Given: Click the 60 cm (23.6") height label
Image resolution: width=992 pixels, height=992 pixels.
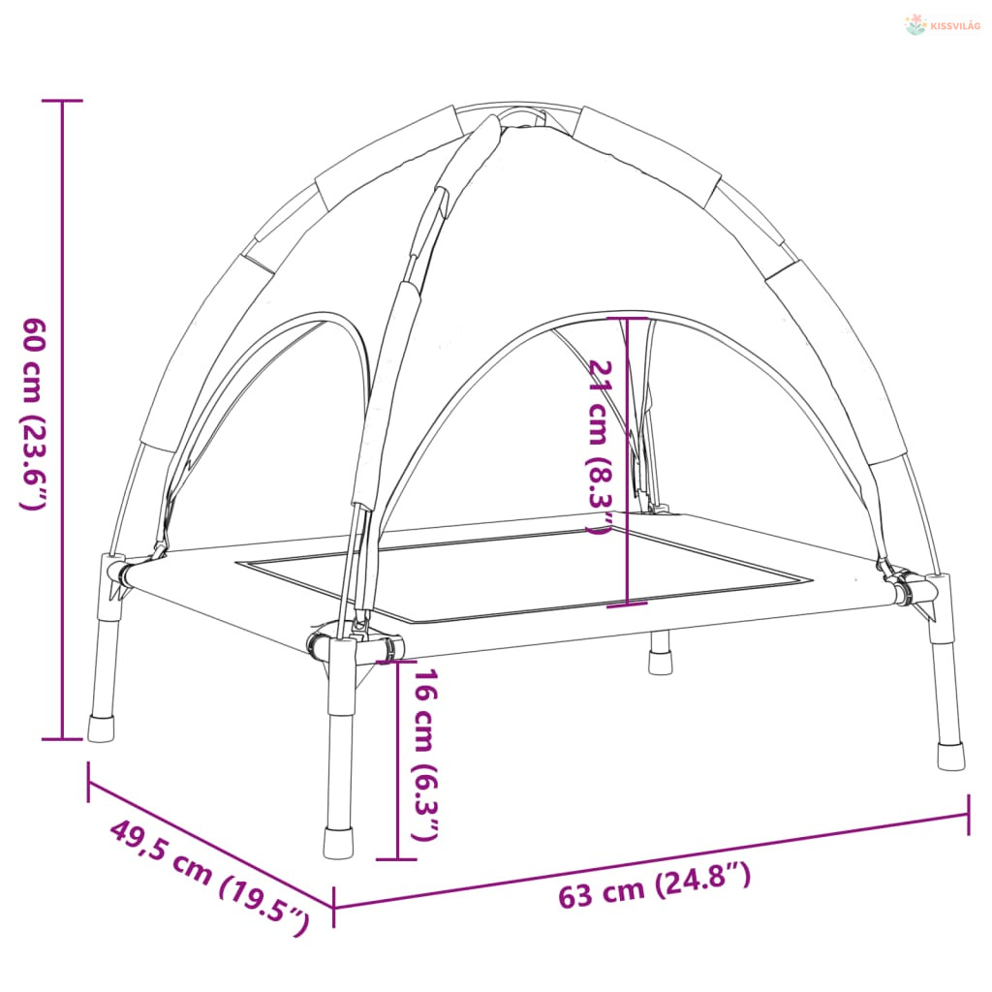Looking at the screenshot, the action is click(34, 414).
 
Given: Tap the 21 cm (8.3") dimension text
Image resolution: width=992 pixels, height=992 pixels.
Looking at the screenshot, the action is click(600, 448).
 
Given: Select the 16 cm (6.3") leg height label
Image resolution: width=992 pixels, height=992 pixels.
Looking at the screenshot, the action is click(424, 756).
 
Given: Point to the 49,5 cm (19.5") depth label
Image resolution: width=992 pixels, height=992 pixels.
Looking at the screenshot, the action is click(210, 876).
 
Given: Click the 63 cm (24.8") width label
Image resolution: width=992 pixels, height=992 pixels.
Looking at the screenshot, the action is click(654, 885).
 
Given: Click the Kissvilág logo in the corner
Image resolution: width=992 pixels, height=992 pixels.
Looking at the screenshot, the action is click(943, 25).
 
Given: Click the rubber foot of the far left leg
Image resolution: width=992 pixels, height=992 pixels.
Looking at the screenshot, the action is click(101, 728).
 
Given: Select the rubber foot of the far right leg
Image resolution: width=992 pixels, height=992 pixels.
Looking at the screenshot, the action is click(951, 757).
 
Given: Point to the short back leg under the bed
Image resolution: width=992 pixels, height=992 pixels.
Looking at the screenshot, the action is click(660, 653).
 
